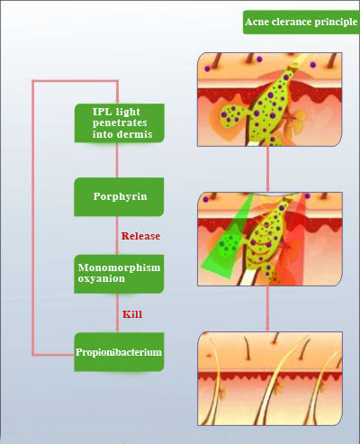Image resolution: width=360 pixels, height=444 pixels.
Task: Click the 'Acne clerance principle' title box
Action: (x=301, y=23)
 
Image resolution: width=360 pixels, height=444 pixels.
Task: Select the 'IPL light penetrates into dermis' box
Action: (x=120, y=123)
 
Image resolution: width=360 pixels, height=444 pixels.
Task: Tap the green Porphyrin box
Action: (x=119, y=196)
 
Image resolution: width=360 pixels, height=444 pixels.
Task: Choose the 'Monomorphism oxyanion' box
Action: (x=119, y=274)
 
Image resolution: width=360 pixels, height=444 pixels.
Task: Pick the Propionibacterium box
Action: (x=119, y=352)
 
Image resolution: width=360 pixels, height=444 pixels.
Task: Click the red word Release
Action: (x=140, y=236)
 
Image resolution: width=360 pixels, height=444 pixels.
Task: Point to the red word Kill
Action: (x=132, y=314)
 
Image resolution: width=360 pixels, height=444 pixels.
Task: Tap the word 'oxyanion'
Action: (x=102, y=279)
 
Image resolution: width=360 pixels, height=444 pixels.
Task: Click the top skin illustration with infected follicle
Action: (x=269, y=99)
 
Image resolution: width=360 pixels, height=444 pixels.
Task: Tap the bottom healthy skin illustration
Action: (x=270, y=378)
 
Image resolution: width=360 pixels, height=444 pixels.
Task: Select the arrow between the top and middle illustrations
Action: (x=267, y=169)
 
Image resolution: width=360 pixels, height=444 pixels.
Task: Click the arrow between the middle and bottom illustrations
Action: (x=267, y=309)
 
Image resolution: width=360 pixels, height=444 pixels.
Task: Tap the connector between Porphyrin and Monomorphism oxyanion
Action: (x=117, y=235)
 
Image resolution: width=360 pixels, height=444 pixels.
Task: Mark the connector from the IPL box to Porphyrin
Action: (x=117, y=160)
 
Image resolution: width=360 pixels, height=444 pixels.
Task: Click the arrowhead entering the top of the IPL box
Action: (x=117, y=100)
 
